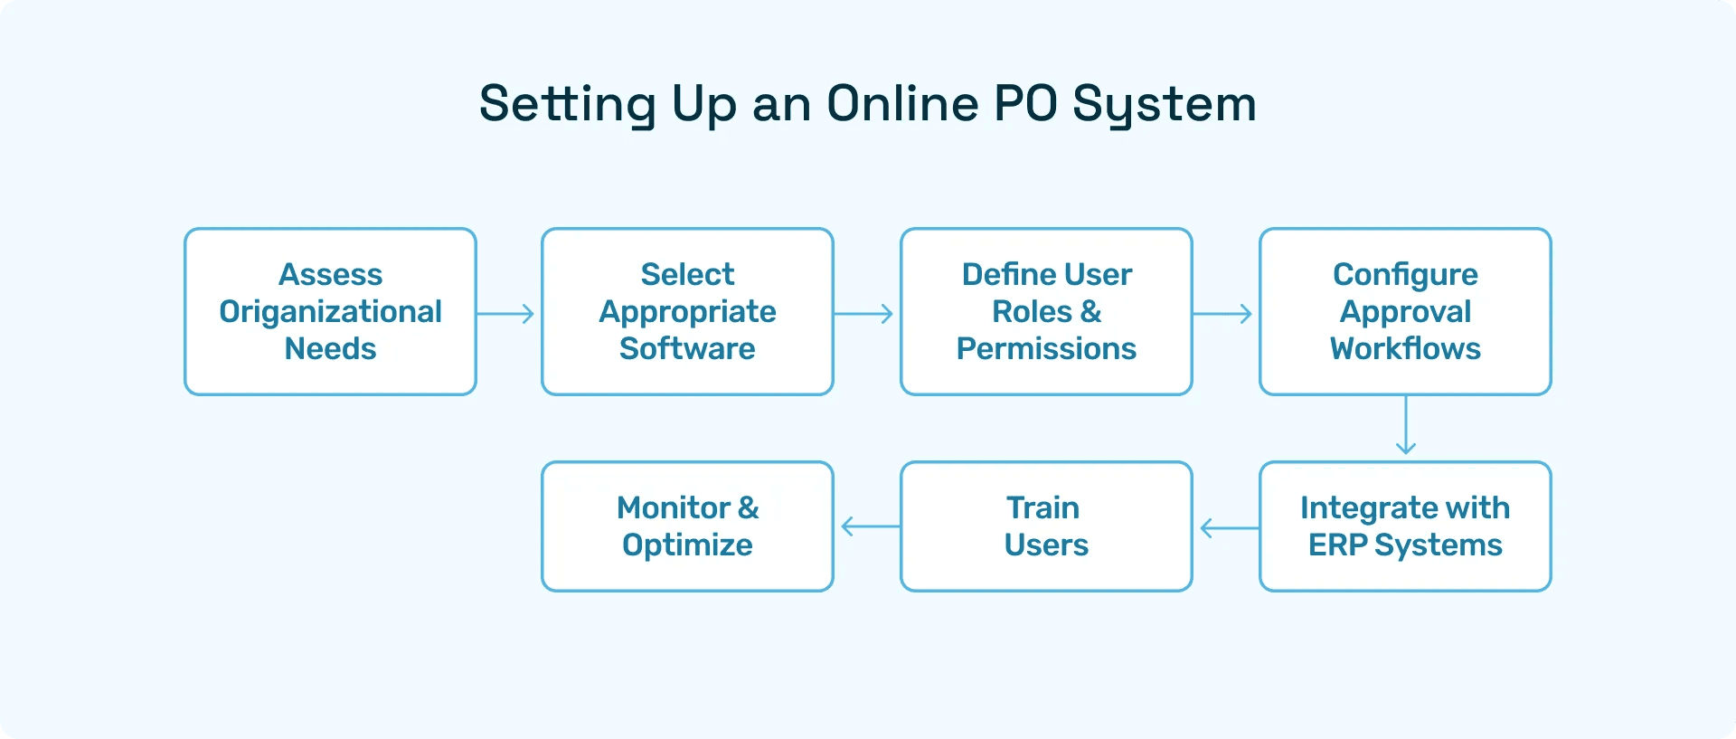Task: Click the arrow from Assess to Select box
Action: click(x=506, y=314)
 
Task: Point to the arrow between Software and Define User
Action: click(x=864, y=314)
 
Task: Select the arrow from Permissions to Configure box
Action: click(x=1223, y=314)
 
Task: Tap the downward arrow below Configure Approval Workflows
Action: click(x=1406, y=425)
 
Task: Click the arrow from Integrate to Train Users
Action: click(x=1228, y=527)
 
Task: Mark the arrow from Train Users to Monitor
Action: click(x=869, y=526)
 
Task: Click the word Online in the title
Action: click(x=902, y=103)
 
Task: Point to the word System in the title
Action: click(x=1165, y=105)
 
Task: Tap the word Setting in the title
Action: click(x=567, y=105)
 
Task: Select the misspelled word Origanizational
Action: click(x=330, y=312)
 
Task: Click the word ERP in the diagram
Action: click(x=1337, y=545)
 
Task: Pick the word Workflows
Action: click(x=1405, y=348)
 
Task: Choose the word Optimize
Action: click(x=687, y=545)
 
